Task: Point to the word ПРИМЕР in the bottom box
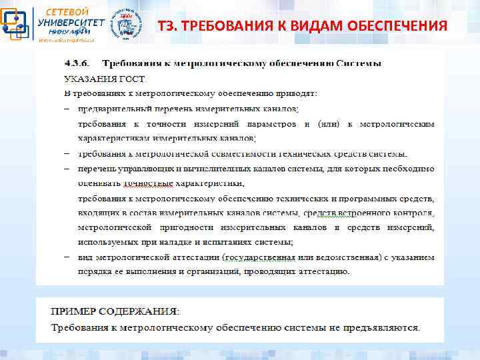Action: (73, 311)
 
